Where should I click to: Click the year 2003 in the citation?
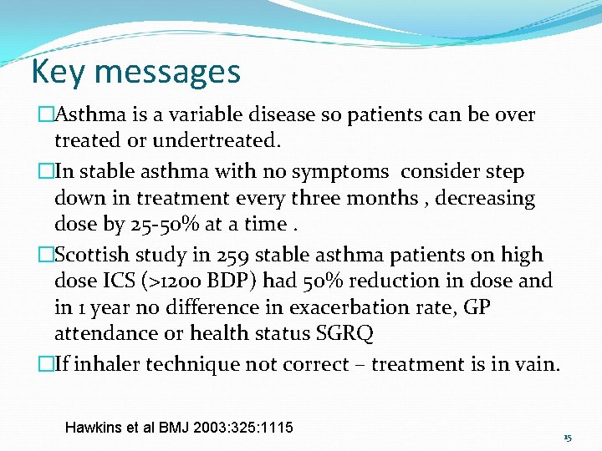click(x=210, y=428)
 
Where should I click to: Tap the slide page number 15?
click(x=567, y=438)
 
